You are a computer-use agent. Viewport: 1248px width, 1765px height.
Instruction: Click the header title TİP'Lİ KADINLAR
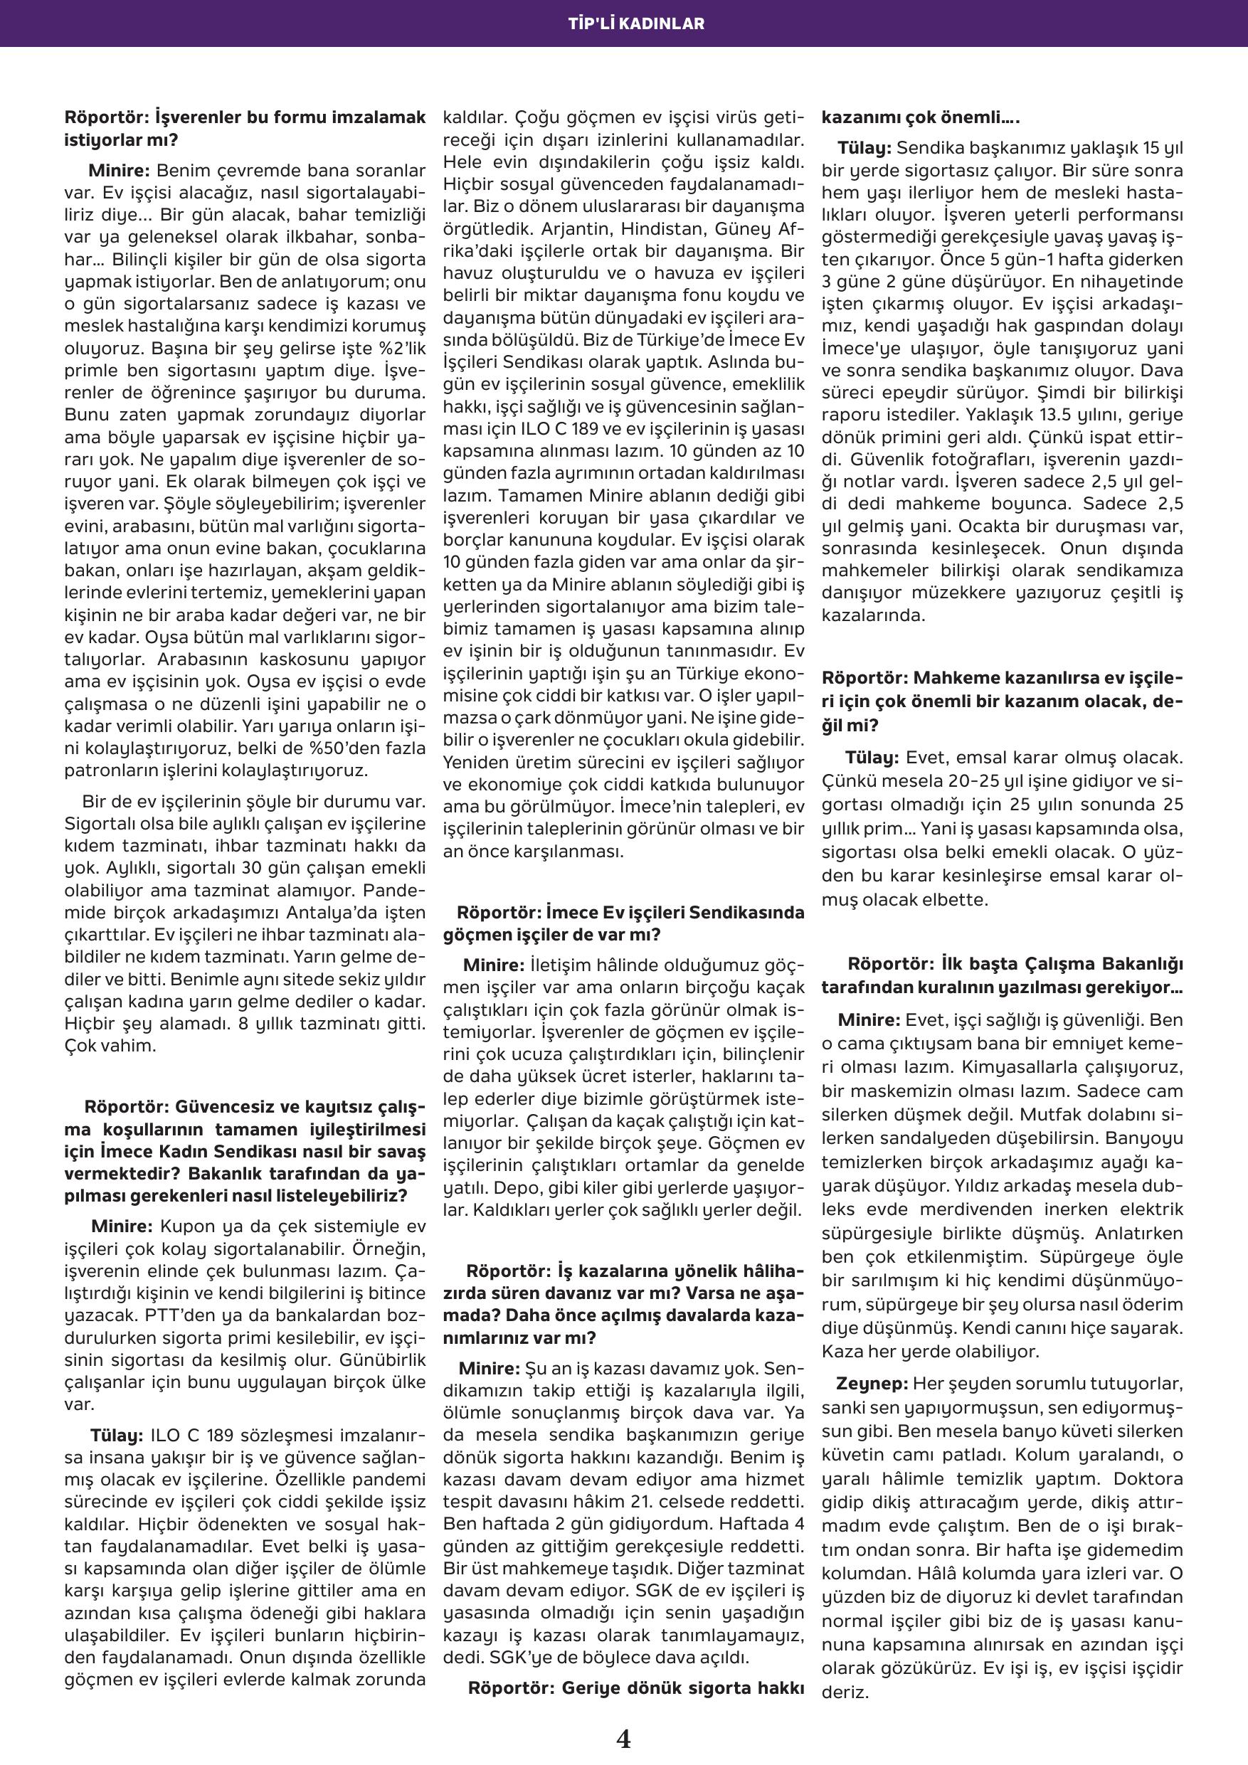click(x=623, y=23)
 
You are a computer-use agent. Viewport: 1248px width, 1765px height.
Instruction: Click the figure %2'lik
click(x=398, y=349)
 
